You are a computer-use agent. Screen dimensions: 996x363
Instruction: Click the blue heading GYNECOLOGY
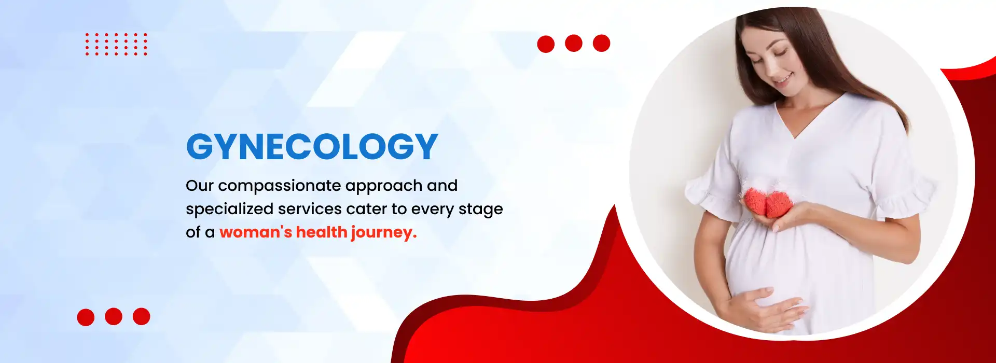[312, 146]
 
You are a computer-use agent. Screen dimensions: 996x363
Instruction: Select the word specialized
[229, 210]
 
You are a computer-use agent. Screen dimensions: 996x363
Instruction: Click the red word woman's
[255, 232]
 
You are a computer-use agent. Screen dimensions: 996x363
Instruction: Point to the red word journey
[384, 233]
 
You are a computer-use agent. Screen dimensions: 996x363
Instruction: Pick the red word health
[322, 232]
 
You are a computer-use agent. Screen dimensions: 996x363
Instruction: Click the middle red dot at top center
[573, 43]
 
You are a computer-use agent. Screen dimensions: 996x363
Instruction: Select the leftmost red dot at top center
[546, 44]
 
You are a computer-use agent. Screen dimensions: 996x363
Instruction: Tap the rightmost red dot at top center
[601, 43]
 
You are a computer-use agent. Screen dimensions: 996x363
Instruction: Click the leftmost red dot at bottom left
[86, 317]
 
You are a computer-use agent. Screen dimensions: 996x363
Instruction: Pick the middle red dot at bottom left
[114, 316]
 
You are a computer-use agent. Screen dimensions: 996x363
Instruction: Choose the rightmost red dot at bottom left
[141, 316]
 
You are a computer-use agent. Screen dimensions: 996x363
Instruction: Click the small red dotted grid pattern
[116, 44]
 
